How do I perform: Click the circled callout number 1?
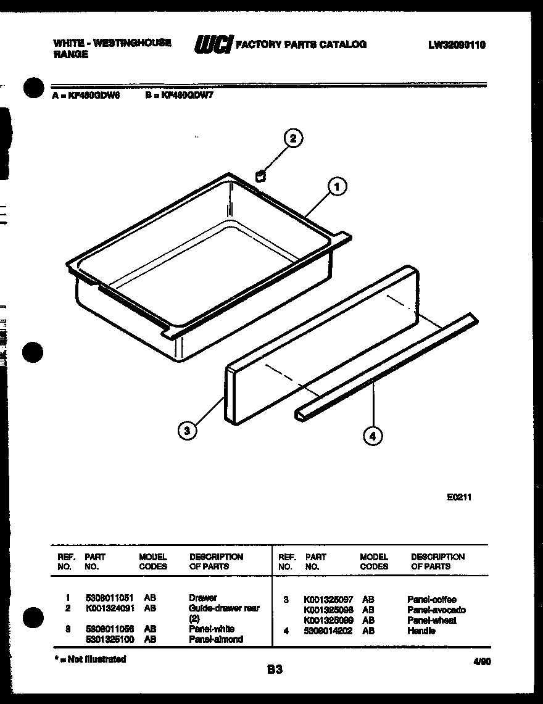pyautogui.click(x=337, y=186)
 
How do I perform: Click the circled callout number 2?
pyautogui.click(x=293, y=139)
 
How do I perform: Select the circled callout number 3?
pyautogui.click(x=187, y=431)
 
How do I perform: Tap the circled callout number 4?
pyautogui.click(x=371, y=436)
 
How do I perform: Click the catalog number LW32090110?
pyautogui.click(x=457, y=44)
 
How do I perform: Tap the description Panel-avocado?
pyautogui.click(x=436, y=610)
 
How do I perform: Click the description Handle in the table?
pyautogui.click(x=421, y=631)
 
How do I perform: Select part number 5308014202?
pyautogui.click(x=328, y=631)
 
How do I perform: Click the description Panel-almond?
pyautogui.click(x=216, y=639)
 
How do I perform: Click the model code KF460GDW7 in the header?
pyautogui.click(x=186, y=96)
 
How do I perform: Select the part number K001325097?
pyautogui.click(x=328, y=599)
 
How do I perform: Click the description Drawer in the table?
pyautogui.click(x=202, y=598)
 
